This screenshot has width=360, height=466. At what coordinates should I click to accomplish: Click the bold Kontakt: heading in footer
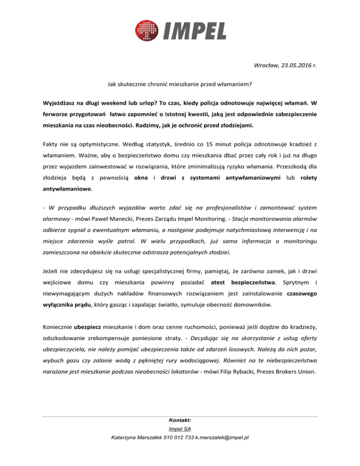click(x=180, y=421)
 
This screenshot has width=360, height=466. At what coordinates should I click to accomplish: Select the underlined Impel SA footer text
click(x=180, y=429)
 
